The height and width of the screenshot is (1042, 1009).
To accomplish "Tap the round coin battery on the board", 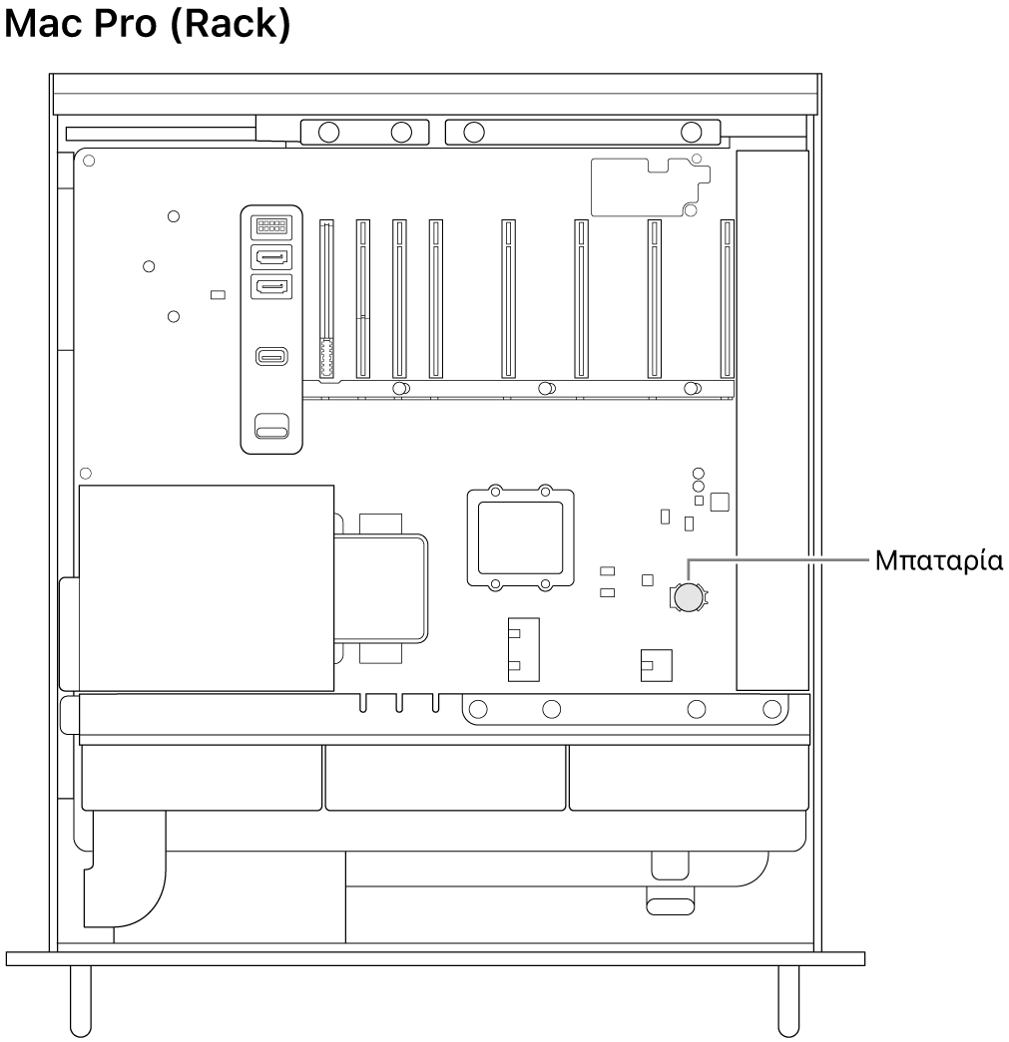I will pos(688,597).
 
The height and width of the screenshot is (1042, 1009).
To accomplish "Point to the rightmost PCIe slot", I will pos(727,300).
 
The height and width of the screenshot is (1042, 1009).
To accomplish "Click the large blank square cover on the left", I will pos(206,588).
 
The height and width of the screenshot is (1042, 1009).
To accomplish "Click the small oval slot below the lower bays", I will pos(670,906).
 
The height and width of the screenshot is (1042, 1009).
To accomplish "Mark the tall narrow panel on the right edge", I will pos(771,419).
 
